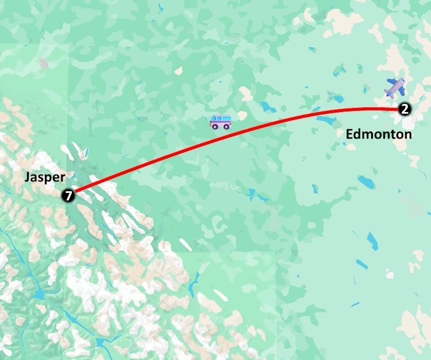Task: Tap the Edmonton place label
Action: tap(379, 135)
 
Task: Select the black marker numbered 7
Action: tap(68, 196)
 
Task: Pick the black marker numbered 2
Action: tap(405, 109)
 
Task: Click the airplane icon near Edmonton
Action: tap(395, 88)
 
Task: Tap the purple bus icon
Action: tap(220, 122)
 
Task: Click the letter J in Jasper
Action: tap(26, 177)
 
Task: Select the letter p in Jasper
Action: tap(45, 179)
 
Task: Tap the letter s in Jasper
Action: tap(39, 178)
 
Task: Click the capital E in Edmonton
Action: tap(349, 135)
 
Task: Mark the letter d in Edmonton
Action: tap(357, 135)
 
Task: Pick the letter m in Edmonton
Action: tap(368, 136)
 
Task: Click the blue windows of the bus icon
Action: tap(220, 120)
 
